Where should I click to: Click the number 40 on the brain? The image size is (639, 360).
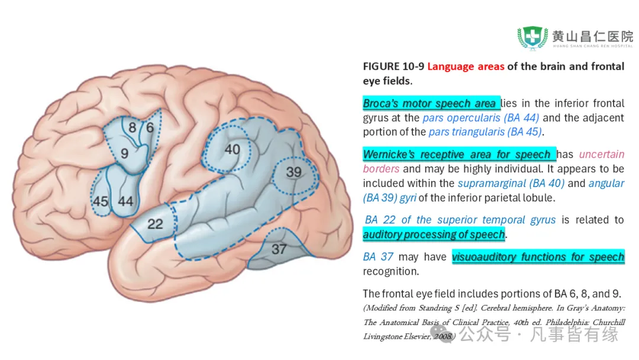[x=232, y=149]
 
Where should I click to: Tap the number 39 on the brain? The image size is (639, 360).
[x=293, y=172]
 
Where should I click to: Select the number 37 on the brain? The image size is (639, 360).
[x=279, y=249]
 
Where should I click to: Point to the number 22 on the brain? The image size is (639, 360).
[x=155, y=224]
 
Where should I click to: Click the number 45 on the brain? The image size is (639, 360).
[x=101, y=201]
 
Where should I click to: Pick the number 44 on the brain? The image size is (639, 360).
[x=125, y=201]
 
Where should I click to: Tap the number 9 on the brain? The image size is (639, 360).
[x=124, y=153]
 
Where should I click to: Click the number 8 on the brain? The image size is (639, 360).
[x=132, y=127]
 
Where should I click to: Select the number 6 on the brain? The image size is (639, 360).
[x=150, y=127]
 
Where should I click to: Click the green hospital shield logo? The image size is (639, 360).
[x=532, y=37]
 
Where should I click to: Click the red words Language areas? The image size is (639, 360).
[x=466, y=66]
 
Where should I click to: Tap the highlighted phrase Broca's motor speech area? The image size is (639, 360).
[x=430, y=104]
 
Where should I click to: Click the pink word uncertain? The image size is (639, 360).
[x=601, y=155]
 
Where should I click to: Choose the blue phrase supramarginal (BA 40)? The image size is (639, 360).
[x=511, y=184]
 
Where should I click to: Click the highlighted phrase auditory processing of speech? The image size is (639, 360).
[x=434, y=234]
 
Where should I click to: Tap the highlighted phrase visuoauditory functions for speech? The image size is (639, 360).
[x=538, y=257]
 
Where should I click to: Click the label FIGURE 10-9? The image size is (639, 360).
[x=393, y=66]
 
